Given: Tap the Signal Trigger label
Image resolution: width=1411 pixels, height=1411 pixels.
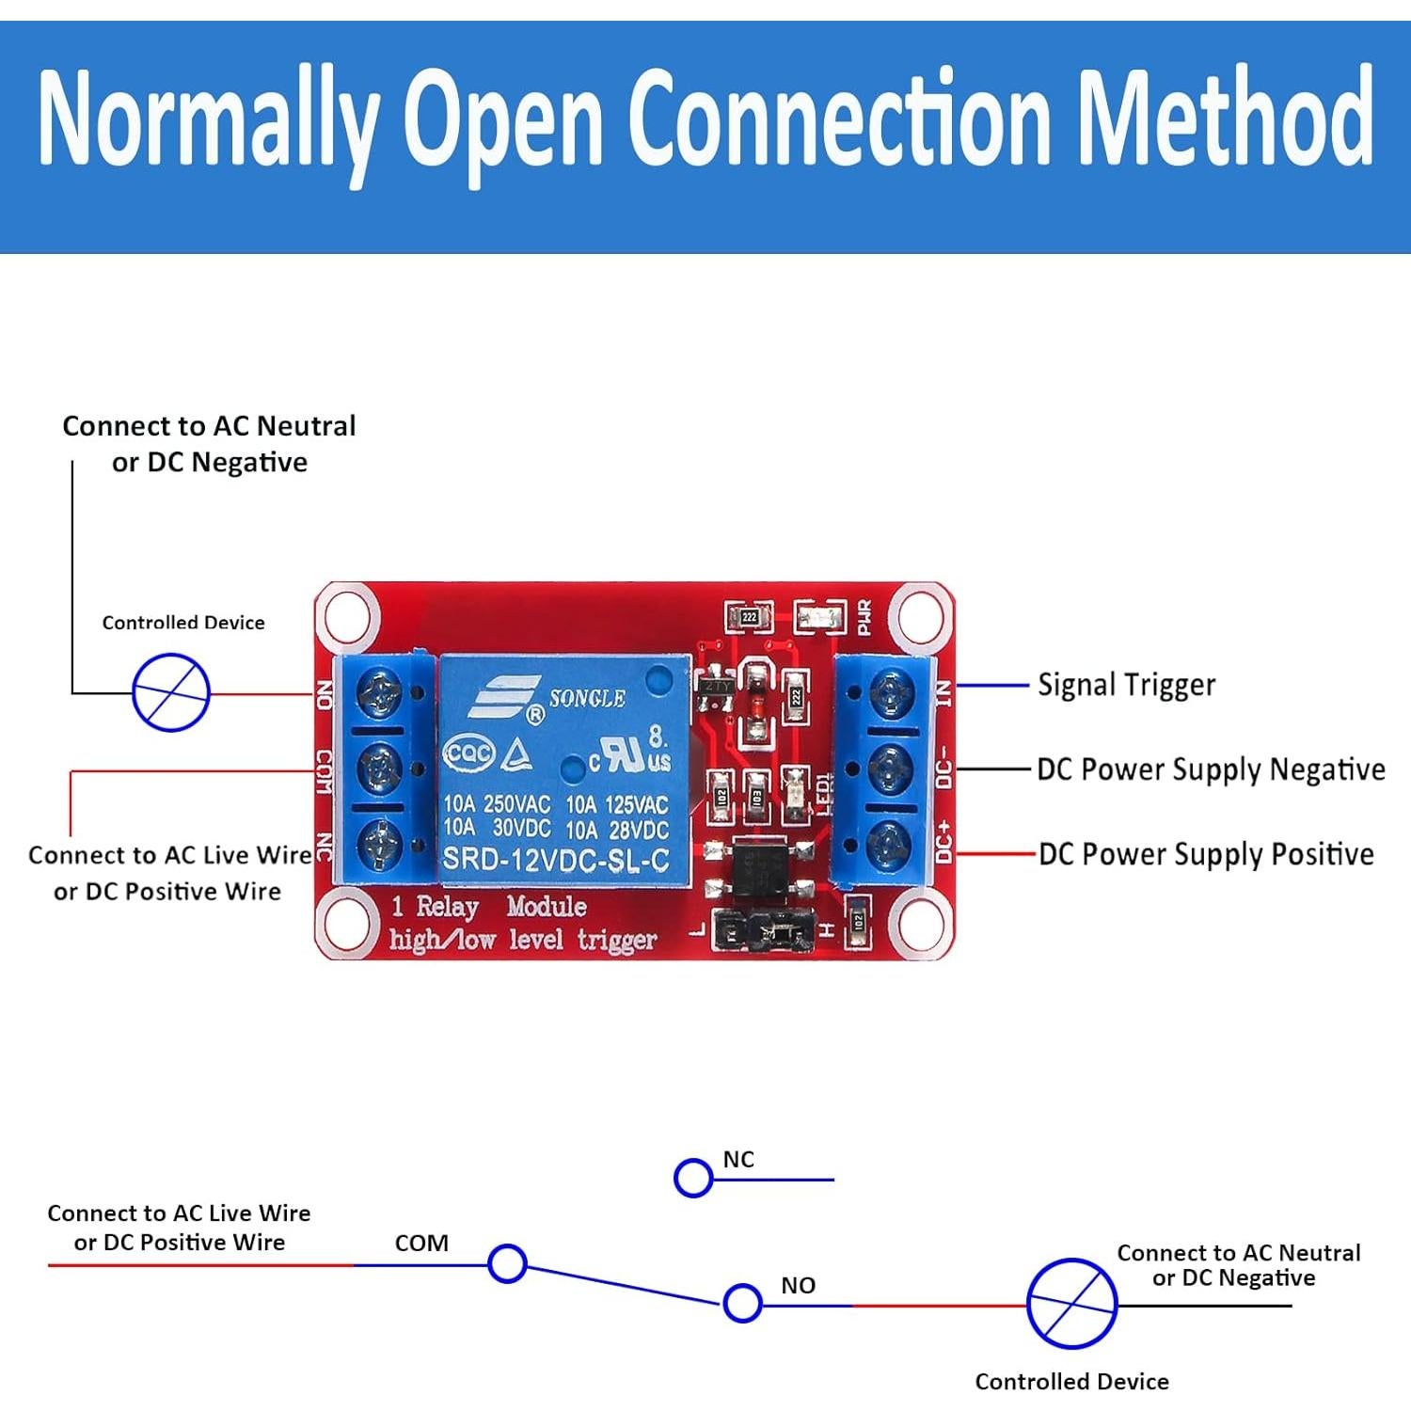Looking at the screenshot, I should (1126, 685).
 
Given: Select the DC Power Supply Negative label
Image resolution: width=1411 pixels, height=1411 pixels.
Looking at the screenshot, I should (1211, 769).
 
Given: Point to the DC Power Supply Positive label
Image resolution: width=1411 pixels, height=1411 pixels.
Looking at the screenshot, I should (1206, 854).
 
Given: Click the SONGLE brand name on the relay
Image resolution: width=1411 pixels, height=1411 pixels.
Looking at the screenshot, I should (587, 698).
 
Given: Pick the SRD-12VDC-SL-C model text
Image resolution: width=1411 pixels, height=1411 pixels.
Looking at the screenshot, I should (555, 860).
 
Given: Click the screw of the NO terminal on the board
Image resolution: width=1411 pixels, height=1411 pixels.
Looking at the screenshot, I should (380, 694).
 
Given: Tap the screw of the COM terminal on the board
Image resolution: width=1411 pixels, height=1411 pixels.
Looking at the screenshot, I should (380, 769).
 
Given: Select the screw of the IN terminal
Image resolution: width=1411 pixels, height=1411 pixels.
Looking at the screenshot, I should (891, 694).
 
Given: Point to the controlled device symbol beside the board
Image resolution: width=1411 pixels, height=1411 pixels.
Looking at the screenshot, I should (170, 694).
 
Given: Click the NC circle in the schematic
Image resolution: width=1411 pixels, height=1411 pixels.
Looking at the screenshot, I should (693, 1178).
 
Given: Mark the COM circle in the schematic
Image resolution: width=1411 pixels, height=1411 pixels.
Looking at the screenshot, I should (507, 1263).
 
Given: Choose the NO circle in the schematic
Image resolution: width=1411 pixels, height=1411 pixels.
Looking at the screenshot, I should (742, 1303).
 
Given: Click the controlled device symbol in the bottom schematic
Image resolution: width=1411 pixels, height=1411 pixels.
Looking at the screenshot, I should (1071, 1304).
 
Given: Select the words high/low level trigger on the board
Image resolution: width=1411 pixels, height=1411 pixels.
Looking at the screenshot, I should (523, 940).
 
